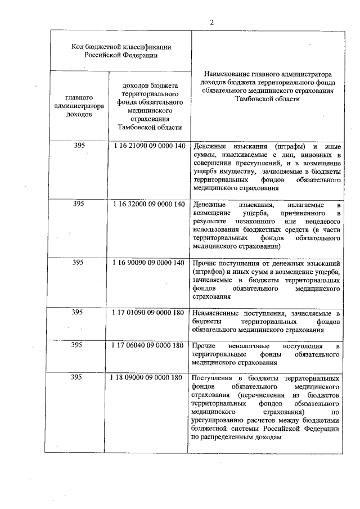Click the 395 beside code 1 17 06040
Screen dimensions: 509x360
coord(79,345)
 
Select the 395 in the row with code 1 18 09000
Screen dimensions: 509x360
coord(79,377)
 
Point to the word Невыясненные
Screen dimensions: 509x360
coord(215,313)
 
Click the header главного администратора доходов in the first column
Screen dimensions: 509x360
coord(79,105)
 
